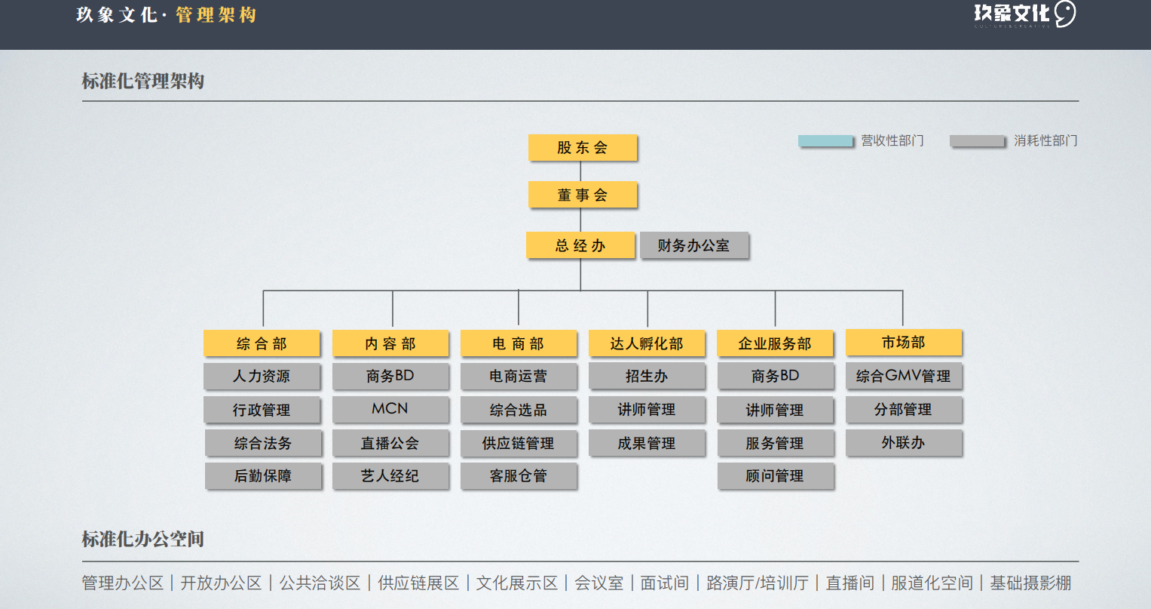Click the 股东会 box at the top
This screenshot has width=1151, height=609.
[583, 148]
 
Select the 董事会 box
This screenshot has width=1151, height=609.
[583, 195]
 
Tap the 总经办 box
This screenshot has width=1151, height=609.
[580, 245]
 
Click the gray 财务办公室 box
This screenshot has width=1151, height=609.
[694, 245]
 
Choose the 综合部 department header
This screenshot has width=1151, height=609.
[262, 343]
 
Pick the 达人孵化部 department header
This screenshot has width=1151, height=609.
[647, 343]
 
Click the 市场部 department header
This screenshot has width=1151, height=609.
[904, 343]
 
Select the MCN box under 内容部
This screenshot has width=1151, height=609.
[390, 409]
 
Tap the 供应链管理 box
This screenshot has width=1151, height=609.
[519, 443]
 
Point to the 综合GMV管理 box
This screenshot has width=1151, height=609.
[904, 376]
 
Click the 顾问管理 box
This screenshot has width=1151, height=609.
[776, 476]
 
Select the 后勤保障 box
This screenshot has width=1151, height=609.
[263, 476]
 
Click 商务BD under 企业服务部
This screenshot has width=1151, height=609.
[776, 376]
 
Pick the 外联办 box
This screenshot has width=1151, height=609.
[904, 443]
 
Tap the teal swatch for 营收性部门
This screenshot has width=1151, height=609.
[826, 141]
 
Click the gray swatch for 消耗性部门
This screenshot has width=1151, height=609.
[978, 141]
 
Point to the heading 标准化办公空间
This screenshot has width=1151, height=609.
[143, 539]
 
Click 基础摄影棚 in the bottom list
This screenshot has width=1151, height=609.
[1030, 583]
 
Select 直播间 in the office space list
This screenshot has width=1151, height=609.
[850, 583]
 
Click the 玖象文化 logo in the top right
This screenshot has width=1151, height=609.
[1024, 14]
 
